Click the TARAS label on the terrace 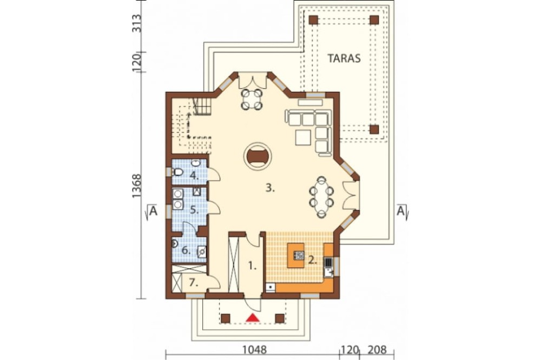click(344, 58)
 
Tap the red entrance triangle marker click(253, 317)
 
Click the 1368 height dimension click(137, 186)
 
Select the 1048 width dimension click(254, 350)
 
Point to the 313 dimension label click(137, 23)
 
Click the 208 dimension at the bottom click(377, 350)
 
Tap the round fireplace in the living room click(258, 156)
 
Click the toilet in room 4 click(177, 172)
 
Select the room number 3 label click(270, 188)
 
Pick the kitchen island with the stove click(296, 255)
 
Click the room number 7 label click(194, 283)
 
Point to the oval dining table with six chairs click(321, 197)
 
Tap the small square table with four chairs click(252, 99)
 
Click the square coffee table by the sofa click(304, 137)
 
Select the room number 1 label click(253, 265)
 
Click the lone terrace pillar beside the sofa click(374, 129)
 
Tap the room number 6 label click(186, 250)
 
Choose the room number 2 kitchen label click(312, 260)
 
